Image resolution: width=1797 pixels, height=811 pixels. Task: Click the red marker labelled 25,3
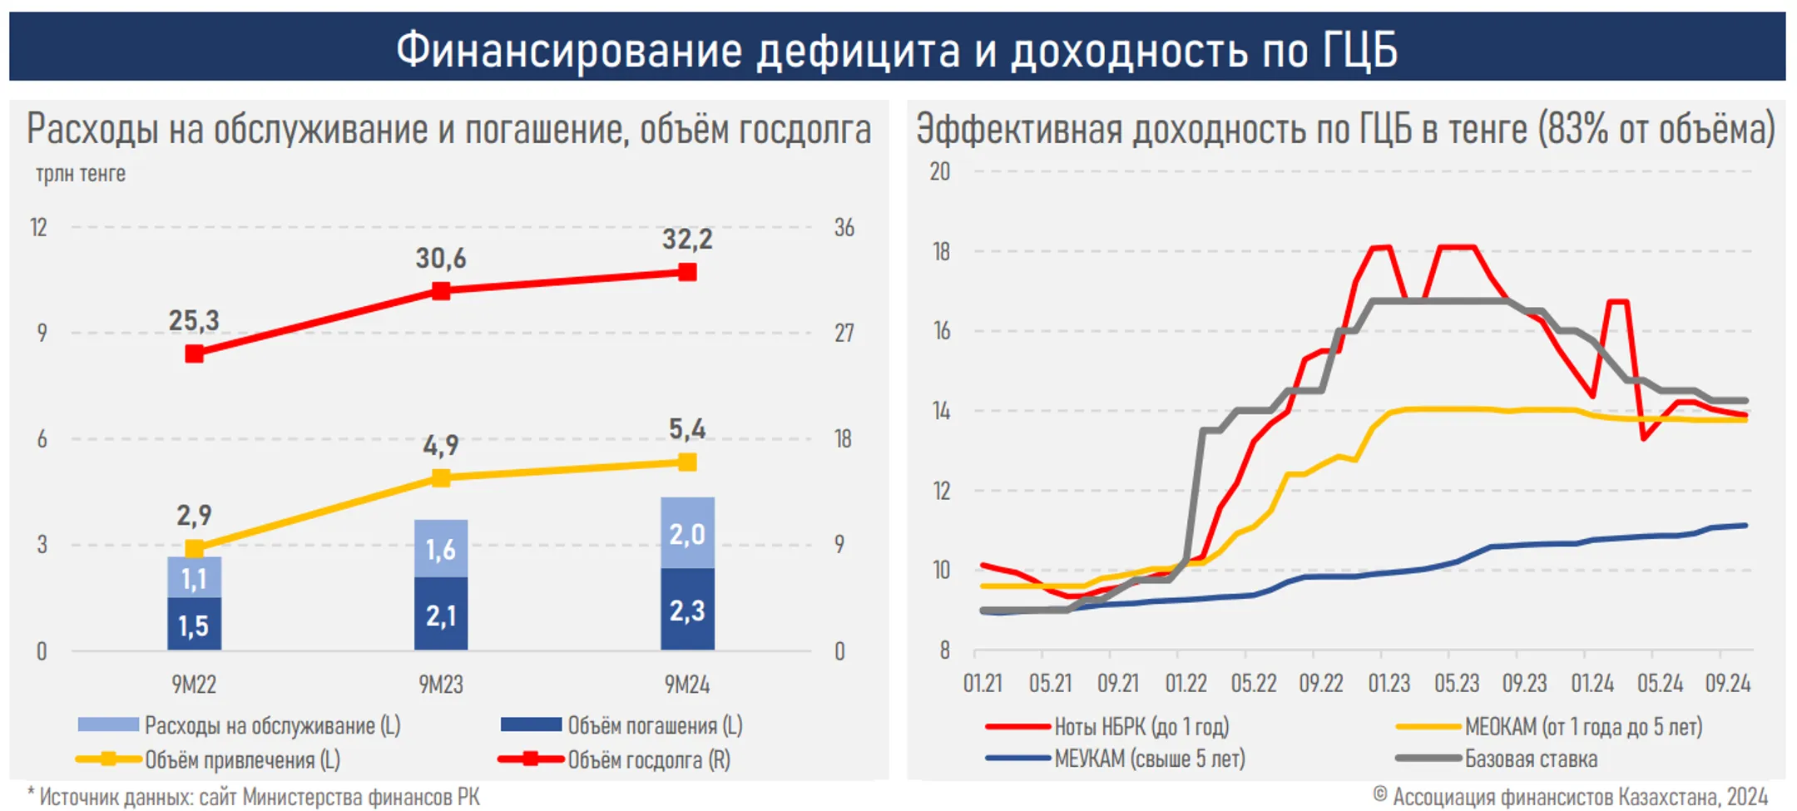(194, 354)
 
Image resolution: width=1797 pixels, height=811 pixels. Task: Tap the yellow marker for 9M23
(441, 477)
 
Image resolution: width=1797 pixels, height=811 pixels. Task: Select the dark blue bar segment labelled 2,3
(687, 610)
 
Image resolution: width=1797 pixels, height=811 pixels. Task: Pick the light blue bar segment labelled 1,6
(441, 549)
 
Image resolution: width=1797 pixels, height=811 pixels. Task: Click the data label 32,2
(687, 240)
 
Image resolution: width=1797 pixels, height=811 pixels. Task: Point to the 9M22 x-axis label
(194, 685)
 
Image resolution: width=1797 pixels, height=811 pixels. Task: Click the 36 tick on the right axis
(844, 228)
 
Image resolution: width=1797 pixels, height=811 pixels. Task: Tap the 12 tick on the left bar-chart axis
(38, 228)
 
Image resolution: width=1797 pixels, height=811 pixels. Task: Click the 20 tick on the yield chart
(940, 171)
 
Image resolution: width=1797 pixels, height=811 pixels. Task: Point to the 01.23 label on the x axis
(1389, 684)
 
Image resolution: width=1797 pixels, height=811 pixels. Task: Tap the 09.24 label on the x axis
(1728, 684)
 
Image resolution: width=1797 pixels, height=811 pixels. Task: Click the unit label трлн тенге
(80, 174)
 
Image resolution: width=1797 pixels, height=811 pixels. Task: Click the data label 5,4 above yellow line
(687, 429)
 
